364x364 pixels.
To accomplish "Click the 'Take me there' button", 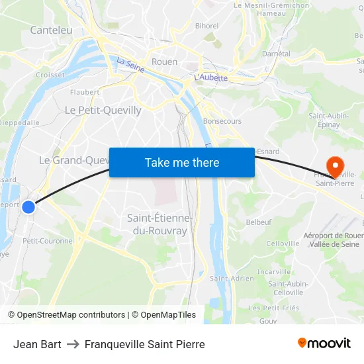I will (182, 162).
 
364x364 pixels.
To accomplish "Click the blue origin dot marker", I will (28, 207).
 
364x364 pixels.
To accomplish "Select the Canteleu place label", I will (51, 30).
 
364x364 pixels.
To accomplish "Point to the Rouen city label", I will (164, 62).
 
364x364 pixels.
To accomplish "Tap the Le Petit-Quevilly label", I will (103, 111).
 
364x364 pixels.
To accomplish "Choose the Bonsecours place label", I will (222, 121).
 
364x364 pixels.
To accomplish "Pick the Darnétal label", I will (276, 54).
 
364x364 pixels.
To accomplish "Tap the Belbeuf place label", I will (259, 222).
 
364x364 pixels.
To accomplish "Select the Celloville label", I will (283, 244).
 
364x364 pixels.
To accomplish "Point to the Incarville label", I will (274, 271).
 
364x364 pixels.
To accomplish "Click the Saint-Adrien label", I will (229, 279).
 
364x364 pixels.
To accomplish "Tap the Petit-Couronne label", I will (48, 241).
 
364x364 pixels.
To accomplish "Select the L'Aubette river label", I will (210, 77).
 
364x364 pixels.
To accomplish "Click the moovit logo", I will (324, 343).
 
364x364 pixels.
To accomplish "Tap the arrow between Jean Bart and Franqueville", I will (73, 344).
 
